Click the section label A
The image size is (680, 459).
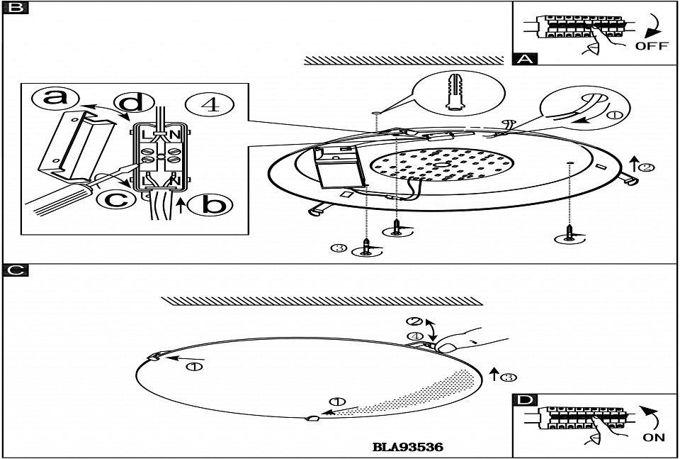tap(524, 59)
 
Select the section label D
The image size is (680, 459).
tap(524, 400)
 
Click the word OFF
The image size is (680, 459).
tap(651, 46)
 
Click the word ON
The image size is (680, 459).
tap(654, 438)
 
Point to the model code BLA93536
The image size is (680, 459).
tap(407, 448)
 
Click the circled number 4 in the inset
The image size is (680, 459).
tap(209, 105)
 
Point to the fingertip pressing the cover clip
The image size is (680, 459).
tap(447, 345)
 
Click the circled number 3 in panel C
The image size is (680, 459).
tap(507, 377)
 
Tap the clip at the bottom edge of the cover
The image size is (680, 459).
tap(312, 419)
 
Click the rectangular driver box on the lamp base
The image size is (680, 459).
tap(339, 165)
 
